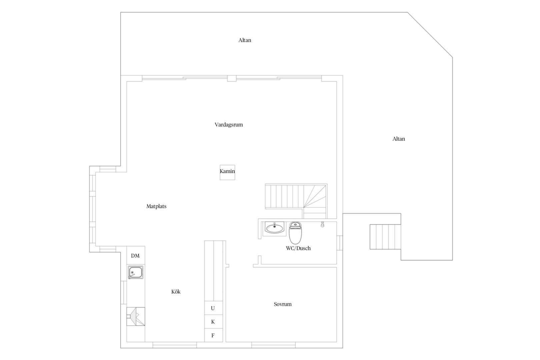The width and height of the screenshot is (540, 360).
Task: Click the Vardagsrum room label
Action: click(229, 125)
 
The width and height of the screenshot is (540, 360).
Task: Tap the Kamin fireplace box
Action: click(227, 172)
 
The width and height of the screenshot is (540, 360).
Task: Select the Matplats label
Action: click(156, 206)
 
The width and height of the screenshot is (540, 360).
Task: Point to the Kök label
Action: click(176, 292)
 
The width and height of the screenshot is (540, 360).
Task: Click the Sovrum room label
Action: click(283, 304)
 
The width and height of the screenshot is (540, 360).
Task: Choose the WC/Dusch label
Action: click(298, 248)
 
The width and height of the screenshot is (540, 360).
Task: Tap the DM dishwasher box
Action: click(136, 255)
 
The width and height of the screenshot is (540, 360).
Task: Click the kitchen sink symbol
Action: click(135, 272)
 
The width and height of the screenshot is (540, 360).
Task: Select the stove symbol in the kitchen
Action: click(136, 316)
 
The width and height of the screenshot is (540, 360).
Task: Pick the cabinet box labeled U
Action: click(214, 308)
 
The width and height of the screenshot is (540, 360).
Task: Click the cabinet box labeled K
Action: click(214, 321)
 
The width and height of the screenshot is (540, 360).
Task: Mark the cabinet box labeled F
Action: click(214, 335)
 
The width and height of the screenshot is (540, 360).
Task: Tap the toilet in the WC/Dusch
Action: click(295, 233)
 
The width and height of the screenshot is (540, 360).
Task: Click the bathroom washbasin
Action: click(274, 228)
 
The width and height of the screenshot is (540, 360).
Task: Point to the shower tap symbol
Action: click(322, 224)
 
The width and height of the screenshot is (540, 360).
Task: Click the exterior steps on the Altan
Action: click(385, 237)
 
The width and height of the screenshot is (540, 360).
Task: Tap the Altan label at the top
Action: click(245, 40)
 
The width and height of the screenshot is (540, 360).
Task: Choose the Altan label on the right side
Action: click(399, 139)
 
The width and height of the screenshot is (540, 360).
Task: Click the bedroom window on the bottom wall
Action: click(274, 345)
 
